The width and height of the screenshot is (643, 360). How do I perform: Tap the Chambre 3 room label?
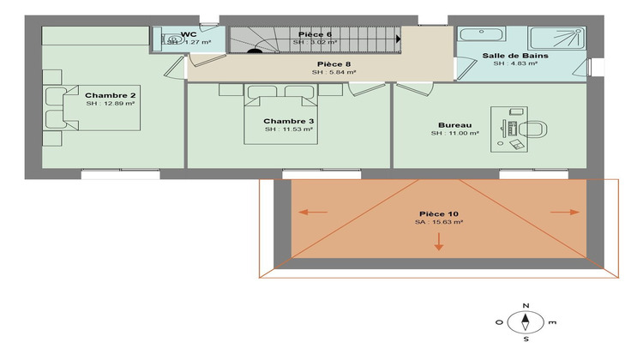tap(288, 121)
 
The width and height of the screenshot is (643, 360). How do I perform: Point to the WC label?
tap(189, 35)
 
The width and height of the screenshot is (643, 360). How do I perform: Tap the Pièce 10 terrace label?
tap(438, 213)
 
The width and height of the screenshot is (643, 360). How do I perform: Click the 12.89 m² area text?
tap(110, 104)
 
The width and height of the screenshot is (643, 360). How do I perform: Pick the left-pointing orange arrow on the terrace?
tap(312, 212)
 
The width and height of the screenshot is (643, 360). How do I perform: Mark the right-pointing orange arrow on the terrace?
tap(564, 212)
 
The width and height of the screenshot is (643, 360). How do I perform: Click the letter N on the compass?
tap(525, 306)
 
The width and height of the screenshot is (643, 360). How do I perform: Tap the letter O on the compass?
tap(500, 322)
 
